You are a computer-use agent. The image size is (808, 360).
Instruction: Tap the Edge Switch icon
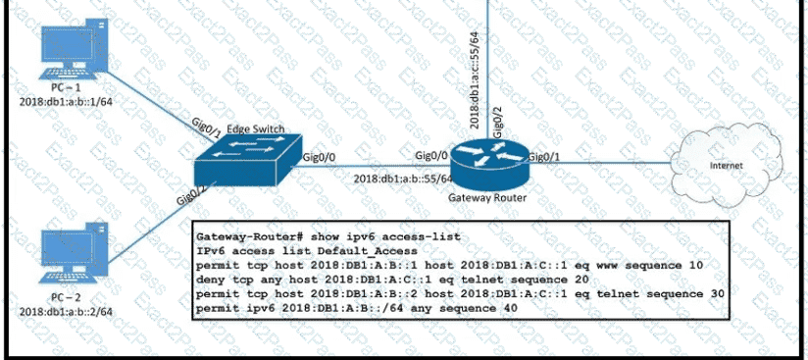pos(248,161)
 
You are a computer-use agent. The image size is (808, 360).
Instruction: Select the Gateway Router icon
pos(488,163)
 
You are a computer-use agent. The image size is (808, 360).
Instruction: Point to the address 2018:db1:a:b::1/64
pos(66,101)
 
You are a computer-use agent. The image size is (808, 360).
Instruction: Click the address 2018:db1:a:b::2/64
pos(66,312)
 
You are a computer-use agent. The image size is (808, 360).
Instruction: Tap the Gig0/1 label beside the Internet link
pos(545,155)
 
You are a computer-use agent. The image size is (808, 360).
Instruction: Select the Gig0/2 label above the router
pos(498,124)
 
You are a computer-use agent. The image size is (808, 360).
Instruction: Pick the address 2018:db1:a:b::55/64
pos(402,179)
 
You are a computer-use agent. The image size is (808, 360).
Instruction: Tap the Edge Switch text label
pos(255,129)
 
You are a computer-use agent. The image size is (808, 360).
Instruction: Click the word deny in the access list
pos(209,280)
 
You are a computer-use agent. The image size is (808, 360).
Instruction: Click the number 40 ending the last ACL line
pos(509,308)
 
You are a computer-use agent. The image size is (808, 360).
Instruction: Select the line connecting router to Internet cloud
pos(599,163)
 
